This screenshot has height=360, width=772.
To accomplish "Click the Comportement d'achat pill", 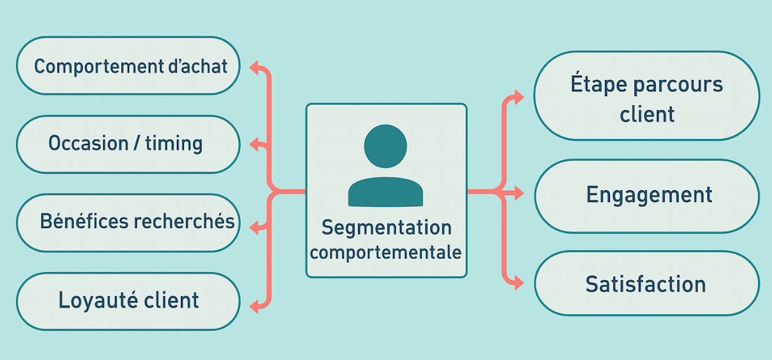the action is click(x=128, y=65).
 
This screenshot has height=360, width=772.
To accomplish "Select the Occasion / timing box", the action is click(x=128, y=145).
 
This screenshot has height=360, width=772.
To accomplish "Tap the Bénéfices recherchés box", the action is click(x=128, y=222).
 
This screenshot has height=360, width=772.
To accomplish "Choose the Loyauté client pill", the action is click(x=128, y=301).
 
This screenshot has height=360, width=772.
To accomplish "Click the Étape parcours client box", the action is click(x=647, y=95).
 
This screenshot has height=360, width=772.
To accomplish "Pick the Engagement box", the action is click(x=647, y=196).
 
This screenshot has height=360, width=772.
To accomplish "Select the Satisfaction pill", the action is click(x=647, y=284).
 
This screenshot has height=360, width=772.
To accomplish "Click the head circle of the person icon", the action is click(x=385, y=146).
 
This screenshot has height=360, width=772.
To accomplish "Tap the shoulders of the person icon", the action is click(x=385, y=191).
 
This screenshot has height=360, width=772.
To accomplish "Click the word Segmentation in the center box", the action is click(x=387, y=228).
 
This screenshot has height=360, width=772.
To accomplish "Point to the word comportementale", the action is click(x=387, y=252).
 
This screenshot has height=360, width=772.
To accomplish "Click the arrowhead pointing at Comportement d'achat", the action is click(x=255, y=67).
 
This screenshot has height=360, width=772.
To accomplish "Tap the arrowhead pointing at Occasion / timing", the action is click(x=255, y=145).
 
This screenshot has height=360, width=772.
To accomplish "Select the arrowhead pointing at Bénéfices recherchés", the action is click(x=255, y=227).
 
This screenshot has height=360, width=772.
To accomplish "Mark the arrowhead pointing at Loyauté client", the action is click(x=255, y=307).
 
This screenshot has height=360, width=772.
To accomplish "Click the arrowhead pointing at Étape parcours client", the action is click(x=518, y=97).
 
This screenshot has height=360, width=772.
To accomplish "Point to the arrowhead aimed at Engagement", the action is click(x=518, y=194).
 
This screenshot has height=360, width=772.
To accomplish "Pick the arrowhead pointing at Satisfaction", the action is click(x=518, y=283).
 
